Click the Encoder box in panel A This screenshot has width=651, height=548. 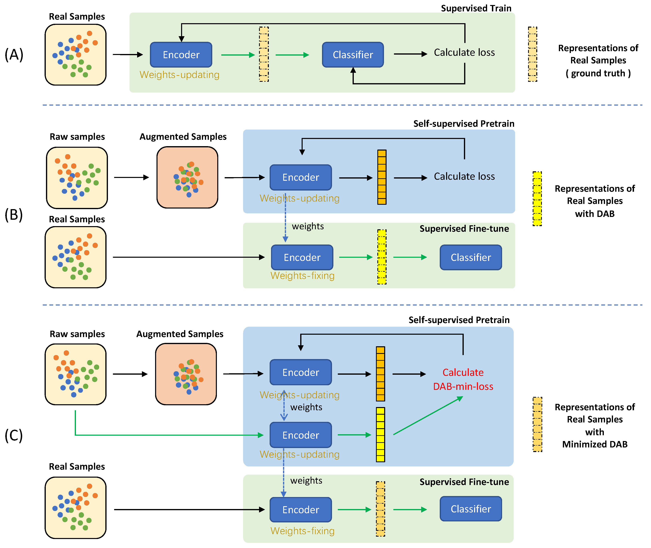(x=181, y=55)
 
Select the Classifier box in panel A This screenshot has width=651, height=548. (x=353, y=55)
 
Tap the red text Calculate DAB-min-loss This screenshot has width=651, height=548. (x=463, y=379)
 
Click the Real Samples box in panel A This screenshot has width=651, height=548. (x=76, y=55)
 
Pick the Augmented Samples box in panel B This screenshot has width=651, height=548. (x=187, y=177)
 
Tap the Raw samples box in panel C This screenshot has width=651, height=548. (x=76, y=374)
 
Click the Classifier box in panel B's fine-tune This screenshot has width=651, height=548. (x=471, y=257)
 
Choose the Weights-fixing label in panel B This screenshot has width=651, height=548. (x=302, y=275)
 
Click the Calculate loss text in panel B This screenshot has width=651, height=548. (x=464, y=177)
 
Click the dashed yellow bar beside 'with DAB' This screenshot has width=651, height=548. (x=537, y=199)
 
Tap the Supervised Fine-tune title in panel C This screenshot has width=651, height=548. (x=464, y=482)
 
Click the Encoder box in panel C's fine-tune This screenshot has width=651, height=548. (x=301, y=509)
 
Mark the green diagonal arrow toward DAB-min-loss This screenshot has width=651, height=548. (x=428, y=416)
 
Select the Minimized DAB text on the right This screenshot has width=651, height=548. (x=594, y=444)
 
